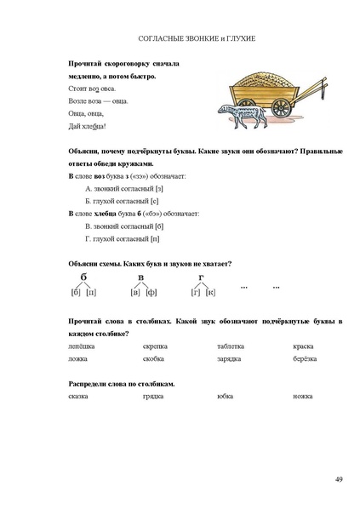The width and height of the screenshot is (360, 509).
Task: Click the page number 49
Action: point(339,481)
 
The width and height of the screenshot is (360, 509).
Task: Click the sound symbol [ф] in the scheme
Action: point(151,293)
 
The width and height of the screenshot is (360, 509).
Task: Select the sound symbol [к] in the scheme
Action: point(210,293)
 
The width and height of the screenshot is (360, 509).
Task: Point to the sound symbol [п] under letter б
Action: point(92,293)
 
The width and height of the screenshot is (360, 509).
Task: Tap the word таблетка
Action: point(231,346)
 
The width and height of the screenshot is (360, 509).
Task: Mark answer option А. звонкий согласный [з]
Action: point(124,186)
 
